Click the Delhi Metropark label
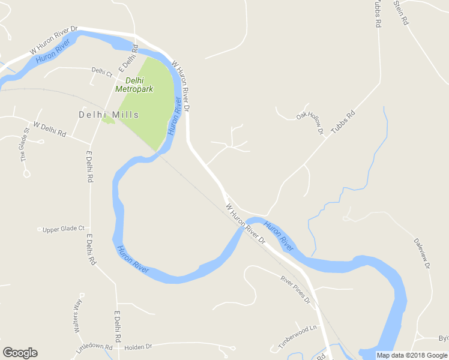point(134,85)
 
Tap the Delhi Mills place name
point(109,115)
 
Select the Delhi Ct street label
point(101,71)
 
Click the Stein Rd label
point(401,11)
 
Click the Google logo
point(20,353)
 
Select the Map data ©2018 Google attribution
point(412,355)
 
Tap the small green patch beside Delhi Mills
point(108,121)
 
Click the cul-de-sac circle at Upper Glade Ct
point(40,229)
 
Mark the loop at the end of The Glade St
point(26,173)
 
